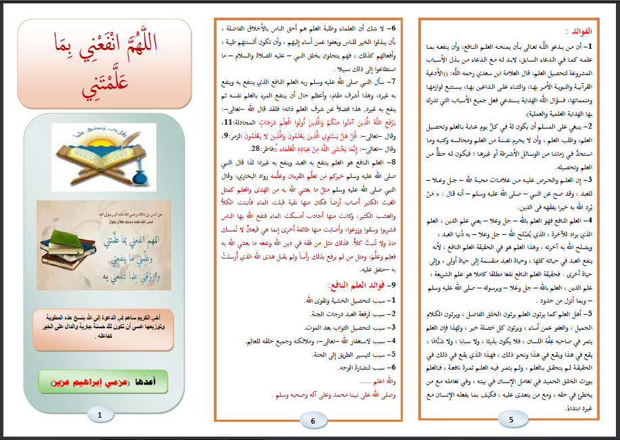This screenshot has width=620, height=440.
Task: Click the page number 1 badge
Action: click(x=101, y=414)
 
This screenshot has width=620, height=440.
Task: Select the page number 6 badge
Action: click(x=313, y=421)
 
